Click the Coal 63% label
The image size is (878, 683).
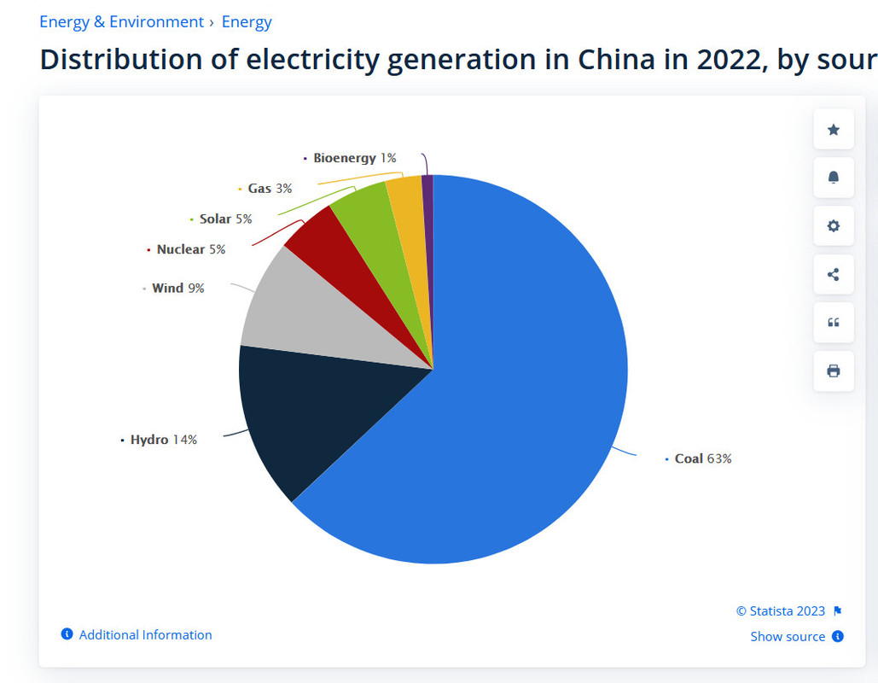tap(702, 458)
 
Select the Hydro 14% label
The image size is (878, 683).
tap(163, 440)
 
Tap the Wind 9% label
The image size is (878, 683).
tap(177, 288)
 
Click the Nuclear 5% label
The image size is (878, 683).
tap(190, 249)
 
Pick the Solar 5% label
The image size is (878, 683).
tap(225, 219)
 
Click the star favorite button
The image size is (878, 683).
tap(834, 130)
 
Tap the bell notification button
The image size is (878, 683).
tap(834, 178)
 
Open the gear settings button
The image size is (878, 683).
tap(834, 226)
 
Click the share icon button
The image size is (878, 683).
tap(834, 274)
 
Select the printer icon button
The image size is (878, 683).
tap(834, 371)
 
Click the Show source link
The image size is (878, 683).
tap(788, 636)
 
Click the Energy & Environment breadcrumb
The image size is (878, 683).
tap(121, 22)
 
